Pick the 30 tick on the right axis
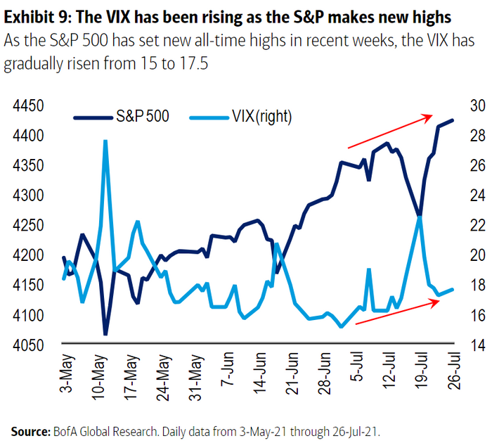470,106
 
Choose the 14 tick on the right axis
470,345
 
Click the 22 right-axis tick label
470,226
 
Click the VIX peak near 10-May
105,141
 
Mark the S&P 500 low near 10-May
105,334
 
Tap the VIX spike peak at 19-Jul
420,217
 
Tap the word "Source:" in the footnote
32,430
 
